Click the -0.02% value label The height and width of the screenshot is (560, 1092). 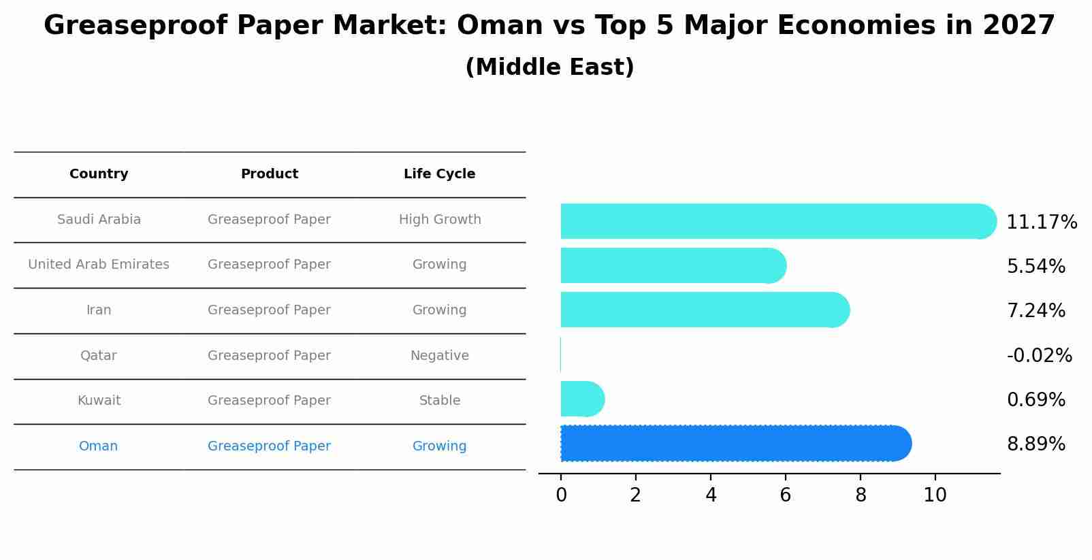pyautogui.click(x=1039, y=355)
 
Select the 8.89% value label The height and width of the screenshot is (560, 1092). pyautogui.click(x=1035, y=444)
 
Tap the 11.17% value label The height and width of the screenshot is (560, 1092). pyautogui.click(x=1041, y=223)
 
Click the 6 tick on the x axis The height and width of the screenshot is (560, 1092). pyautogui.click(x=785, y=495)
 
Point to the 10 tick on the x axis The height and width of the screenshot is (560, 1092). pyautogui.click(x=935, y=495)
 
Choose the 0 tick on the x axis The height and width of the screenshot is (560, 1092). pyautogui.click(x=561, y=495)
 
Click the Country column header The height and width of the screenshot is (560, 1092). pyautogui.click(x=99, y=174)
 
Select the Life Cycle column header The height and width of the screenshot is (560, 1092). pyautogui.click(x=439, y=174)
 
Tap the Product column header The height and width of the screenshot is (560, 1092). pyautogui.click(x=269, y=174)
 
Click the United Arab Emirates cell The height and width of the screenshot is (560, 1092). pyautogui.click(x=99, y=265)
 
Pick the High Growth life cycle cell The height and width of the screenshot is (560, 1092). pyautogui.click(x=440, y=220)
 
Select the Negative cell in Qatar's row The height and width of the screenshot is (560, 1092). pyautogui.click(x=439, y=356)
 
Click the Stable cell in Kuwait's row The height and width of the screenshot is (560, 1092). pyautogui.click(x=439, y=401)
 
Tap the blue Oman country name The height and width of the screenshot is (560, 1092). pyautogui.click(x=98, y=446)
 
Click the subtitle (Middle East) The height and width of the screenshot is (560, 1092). pyautogui.click(x=549, y=67)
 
